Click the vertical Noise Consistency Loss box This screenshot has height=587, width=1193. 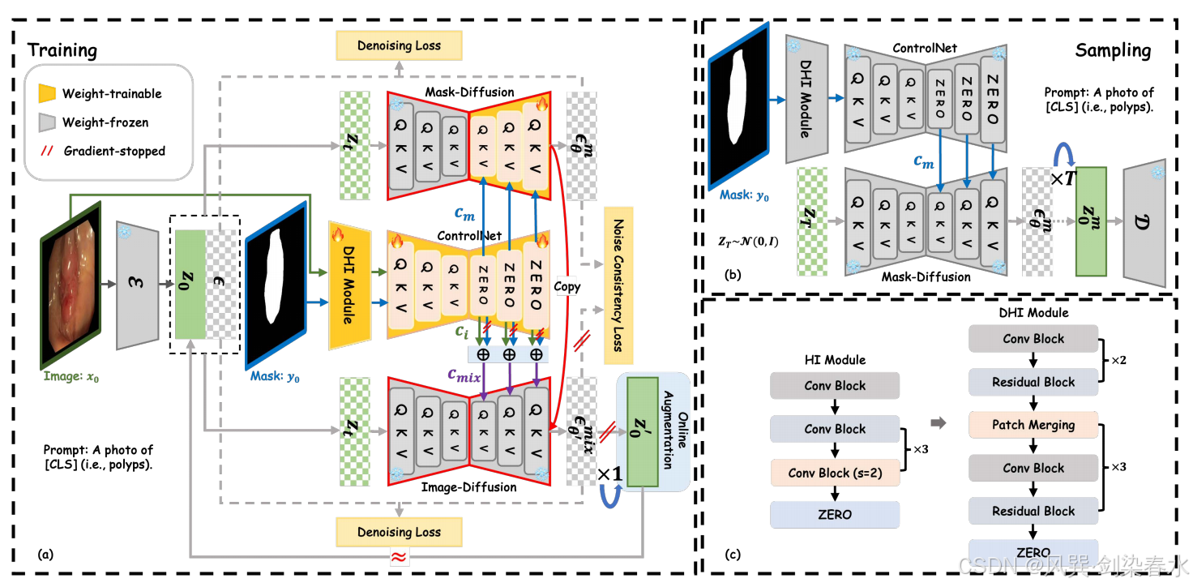618,285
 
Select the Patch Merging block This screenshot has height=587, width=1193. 1033,425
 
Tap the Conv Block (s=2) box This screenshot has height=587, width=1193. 835,473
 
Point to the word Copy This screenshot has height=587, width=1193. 567,286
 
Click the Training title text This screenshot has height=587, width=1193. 62,50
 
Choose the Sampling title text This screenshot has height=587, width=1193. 1113,50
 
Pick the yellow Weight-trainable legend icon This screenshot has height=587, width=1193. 47,93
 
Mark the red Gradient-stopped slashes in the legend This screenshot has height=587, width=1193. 47,151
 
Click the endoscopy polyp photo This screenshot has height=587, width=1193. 71,285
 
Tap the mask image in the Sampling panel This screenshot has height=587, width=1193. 738,106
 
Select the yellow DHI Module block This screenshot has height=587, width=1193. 349,285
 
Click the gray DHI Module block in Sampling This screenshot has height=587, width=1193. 807,99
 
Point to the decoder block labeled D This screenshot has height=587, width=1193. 1144,223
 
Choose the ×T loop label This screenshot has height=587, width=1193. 1063,178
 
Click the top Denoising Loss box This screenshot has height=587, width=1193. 399,46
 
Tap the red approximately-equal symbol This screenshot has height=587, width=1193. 399,557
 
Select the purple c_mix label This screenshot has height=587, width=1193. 464,375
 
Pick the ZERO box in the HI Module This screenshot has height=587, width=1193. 835,515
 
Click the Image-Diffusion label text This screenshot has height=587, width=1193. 468,486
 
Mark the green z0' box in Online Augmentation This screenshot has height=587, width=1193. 643,432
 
